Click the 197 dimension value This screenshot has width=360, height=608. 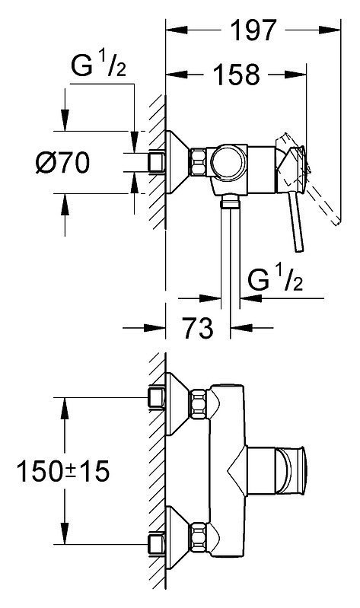(x=253, y=30)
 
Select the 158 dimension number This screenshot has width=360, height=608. (x=237, y=74)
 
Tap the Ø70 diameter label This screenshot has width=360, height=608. (x=62, y=163)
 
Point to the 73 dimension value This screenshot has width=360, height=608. (x=198, y=328)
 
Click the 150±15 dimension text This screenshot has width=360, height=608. (x=63, y=471)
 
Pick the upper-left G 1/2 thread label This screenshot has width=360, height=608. (x=98, y=64)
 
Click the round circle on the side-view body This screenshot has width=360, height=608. (x=229, y=163)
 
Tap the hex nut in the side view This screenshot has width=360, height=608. (x=198, y=163)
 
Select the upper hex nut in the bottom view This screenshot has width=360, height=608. (x=198, y=405)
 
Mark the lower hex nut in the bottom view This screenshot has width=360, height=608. (x=198, y=536)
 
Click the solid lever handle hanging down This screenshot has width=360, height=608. (x=296, y=221)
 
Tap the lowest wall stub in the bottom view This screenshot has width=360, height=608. (x=157, y=545)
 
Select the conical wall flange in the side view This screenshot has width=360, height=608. (x=177, y=163)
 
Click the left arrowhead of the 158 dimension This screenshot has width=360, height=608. (x=177, y=74)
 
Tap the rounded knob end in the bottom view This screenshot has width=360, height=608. (x=298, y=470)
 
